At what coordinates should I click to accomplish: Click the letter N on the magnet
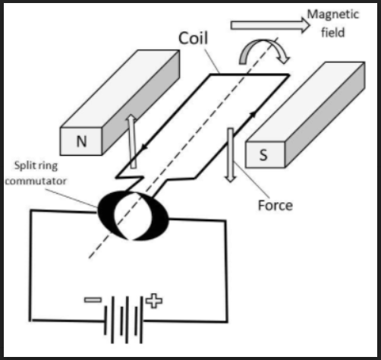pyautogui.click(x=81, y=141)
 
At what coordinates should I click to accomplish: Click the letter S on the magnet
pyautogui.click(x=263, y=155)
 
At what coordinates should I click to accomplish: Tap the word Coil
pyautogui.click(x=193, y=38)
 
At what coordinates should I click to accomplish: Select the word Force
pyautogui.click(x=276, y=205)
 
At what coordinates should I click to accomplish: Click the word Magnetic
pyautogui.click(x=333, y=15)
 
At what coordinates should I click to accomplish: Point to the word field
pyautogui.click(x=333, y=33)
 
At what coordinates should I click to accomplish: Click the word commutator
pyautogui.click(x=36, y=181)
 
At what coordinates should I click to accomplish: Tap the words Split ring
pyautogui.click(x=36, y=166)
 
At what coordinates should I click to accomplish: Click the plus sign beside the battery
pyautogui.click(x=154, y=301)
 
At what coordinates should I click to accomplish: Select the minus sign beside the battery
pyautogui.click(x=93, y=300)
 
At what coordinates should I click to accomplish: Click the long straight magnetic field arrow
pyautogui.click(x=270, y=25)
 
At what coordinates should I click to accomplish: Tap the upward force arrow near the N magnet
pyautogui.click(x=132, y=142)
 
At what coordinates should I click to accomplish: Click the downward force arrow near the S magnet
pyautogui.click(x=231, y=155)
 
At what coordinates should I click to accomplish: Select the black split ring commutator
pyautogui.click(x=133, y=216)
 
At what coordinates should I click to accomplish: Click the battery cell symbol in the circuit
pyautogui.click(x=124, y=320)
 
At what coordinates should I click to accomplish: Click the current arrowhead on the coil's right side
pyautogui.click(x=253, y=115)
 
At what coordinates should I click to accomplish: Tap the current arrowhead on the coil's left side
pyautogui.click(x=144, y=147)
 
